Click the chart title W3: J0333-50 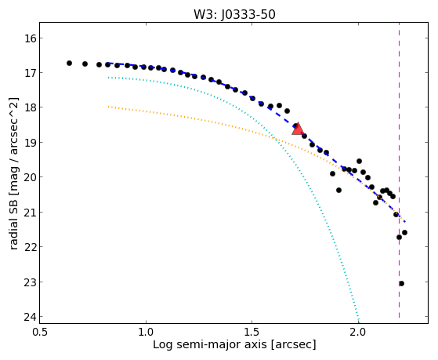click(234, 14)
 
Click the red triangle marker click(298, 129)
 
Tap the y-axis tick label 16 click(31, 38)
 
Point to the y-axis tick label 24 click(31, 317)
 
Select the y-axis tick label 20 click(31, 177)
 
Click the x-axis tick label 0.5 click(40, 332)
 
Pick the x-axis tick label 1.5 click(252, 332)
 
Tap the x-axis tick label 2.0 click(358, 332)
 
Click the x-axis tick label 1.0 click(146, 332)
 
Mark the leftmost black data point click(69, 64)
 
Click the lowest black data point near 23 click(402, 284)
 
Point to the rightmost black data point click(404, 232)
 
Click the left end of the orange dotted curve click(108, 107)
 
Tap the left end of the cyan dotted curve click(108, 78)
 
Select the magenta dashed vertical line click(399, 170)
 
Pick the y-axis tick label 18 click(31, 107)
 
